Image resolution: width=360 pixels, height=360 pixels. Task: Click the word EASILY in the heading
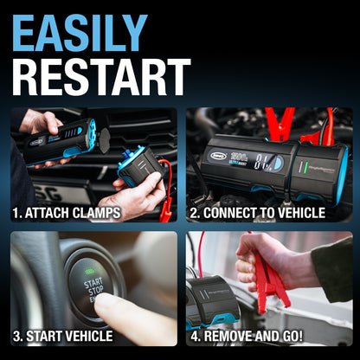tap(80, 32)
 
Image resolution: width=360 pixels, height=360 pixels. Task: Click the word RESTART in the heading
tap(101, 77)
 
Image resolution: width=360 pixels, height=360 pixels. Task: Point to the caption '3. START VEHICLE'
tap(62, 336)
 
